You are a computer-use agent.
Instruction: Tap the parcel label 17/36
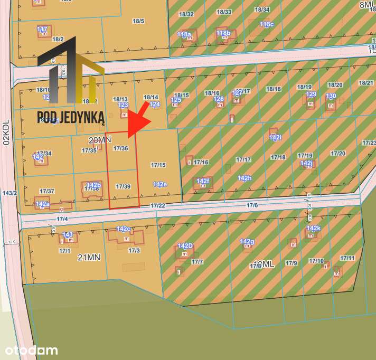(121, 149)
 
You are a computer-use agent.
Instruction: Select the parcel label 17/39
(123, 186)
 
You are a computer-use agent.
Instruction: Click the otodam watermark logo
(31, 350)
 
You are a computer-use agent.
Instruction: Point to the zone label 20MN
(100, 140)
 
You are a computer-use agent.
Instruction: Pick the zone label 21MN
(89, 257)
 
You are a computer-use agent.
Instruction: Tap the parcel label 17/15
(158, 165)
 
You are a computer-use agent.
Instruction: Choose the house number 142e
(159, 184)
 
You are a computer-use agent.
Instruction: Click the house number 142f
(203, 181)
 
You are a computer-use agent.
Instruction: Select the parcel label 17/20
(338, 154)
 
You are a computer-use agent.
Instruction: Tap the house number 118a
(184, 34)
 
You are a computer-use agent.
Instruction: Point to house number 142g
(247, 242)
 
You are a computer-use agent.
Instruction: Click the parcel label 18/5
(138, 21)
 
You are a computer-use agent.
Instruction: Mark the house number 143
(68, 235)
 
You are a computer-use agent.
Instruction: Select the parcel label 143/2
(9, 193)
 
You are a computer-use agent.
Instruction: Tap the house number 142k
(313, 229)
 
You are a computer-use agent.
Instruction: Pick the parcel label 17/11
(347, 258)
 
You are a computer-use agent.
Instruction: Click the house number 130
(331, 96)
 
